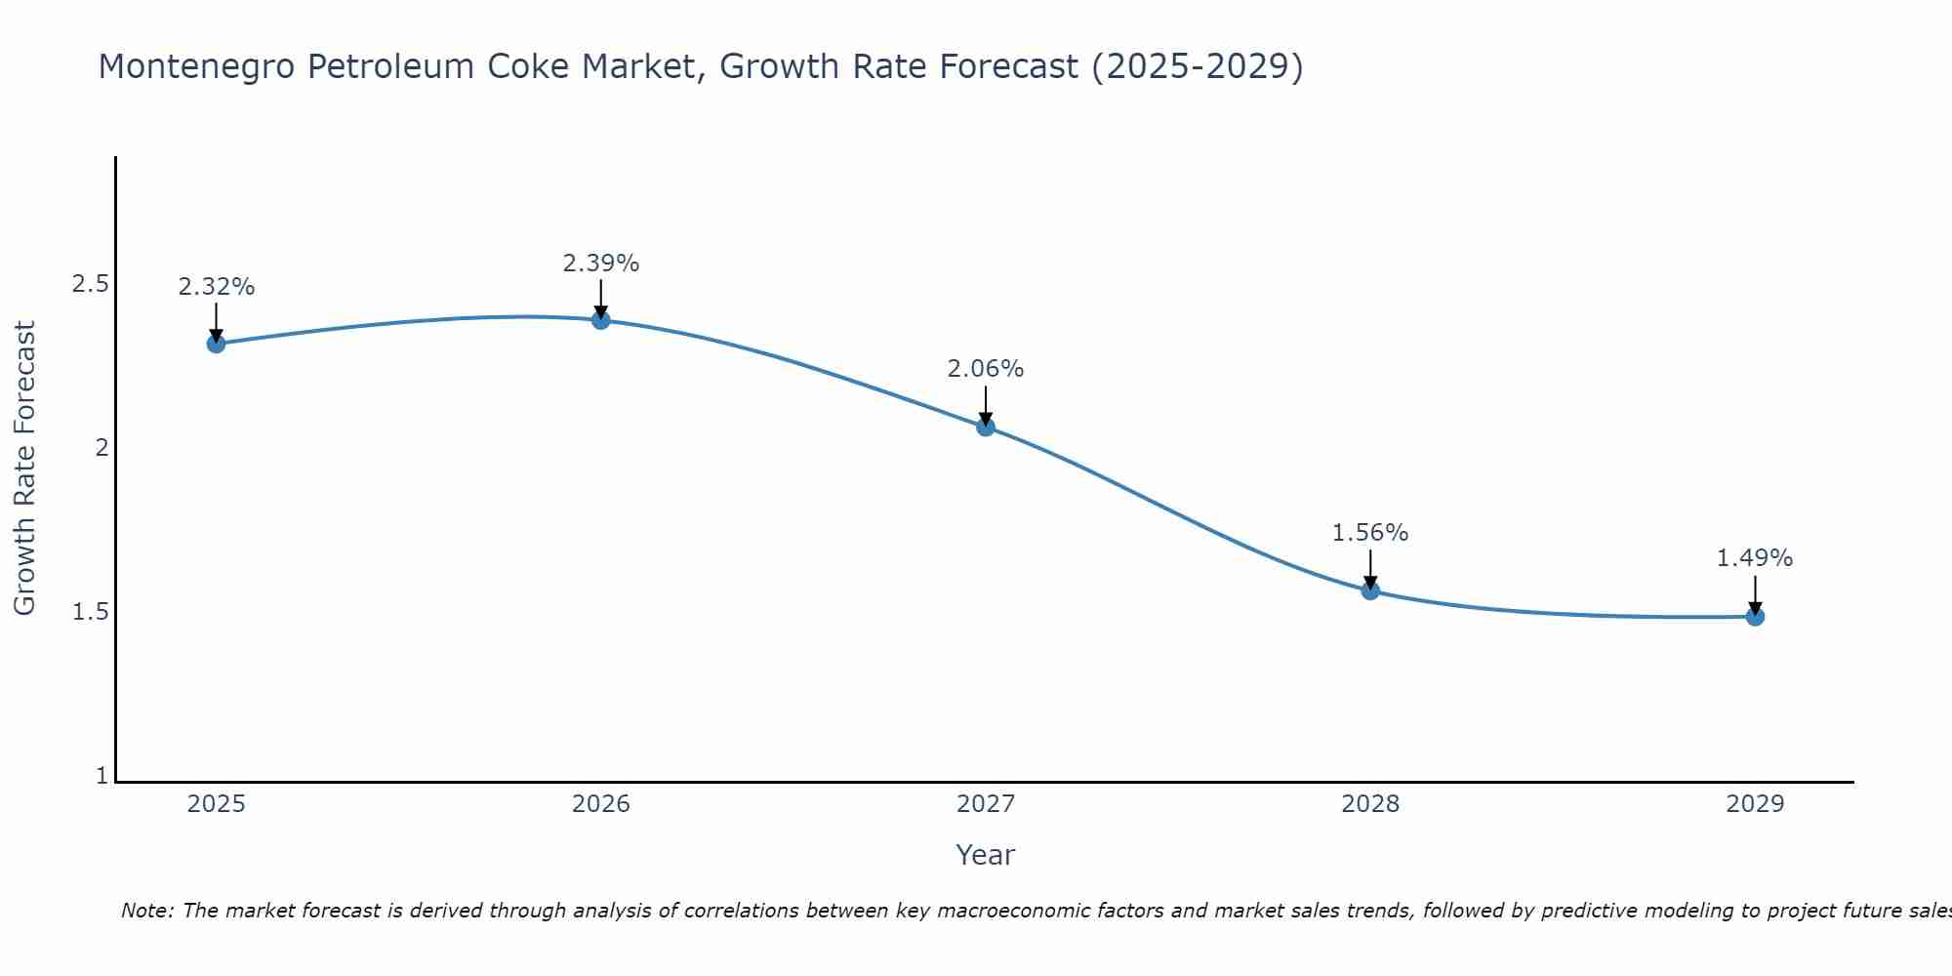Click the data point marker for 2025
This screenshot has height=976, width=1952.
click(x=217, y=344)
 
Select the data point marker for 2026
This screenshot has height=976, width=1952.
click(x=601, y=320)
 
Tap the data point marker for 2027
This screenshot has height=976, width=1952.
click(x=986, y=427)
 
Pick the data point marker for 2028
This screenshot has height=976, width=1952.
click(x=1370, y=590)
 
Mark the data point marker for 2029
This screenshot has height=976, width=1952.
click(x=1755, y=616)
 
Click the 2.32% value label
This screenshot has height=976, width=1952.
click(x=217, y=287)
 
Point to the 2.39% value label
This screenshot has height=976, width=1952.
click(x=601, y=264)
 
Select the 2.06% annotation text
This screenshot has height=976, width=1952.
click(x=986, y=369)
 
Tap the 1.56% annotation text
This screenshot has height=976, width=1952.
click(x=1370, y=533)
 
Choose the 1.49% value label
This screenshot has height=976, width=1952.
click(x=1755, y=558)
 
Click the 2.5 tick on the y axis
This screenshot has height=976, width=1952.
click(x=90, y=284)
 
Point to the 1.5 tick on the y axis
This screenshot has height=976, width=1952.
click(x=90, y=612)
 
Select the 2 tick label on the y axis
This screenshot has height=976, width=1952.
click(x=101, y=448)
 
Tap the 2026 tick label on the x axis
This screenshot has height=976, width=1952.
click(x=601, y=804)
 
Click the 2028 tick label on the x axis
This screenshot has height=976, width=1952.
click(x=1370, y=804)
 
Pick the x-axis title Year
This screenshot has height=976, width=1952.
click(x=986, y=855)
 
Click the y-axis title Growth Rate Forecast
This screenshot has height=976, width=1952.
click(x=24, y=468)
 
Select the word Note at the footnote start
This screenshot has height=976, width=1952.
click(x=145, y=911)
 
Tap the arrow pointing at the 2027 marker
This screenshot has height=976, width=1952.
click(x=986, y=406)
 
